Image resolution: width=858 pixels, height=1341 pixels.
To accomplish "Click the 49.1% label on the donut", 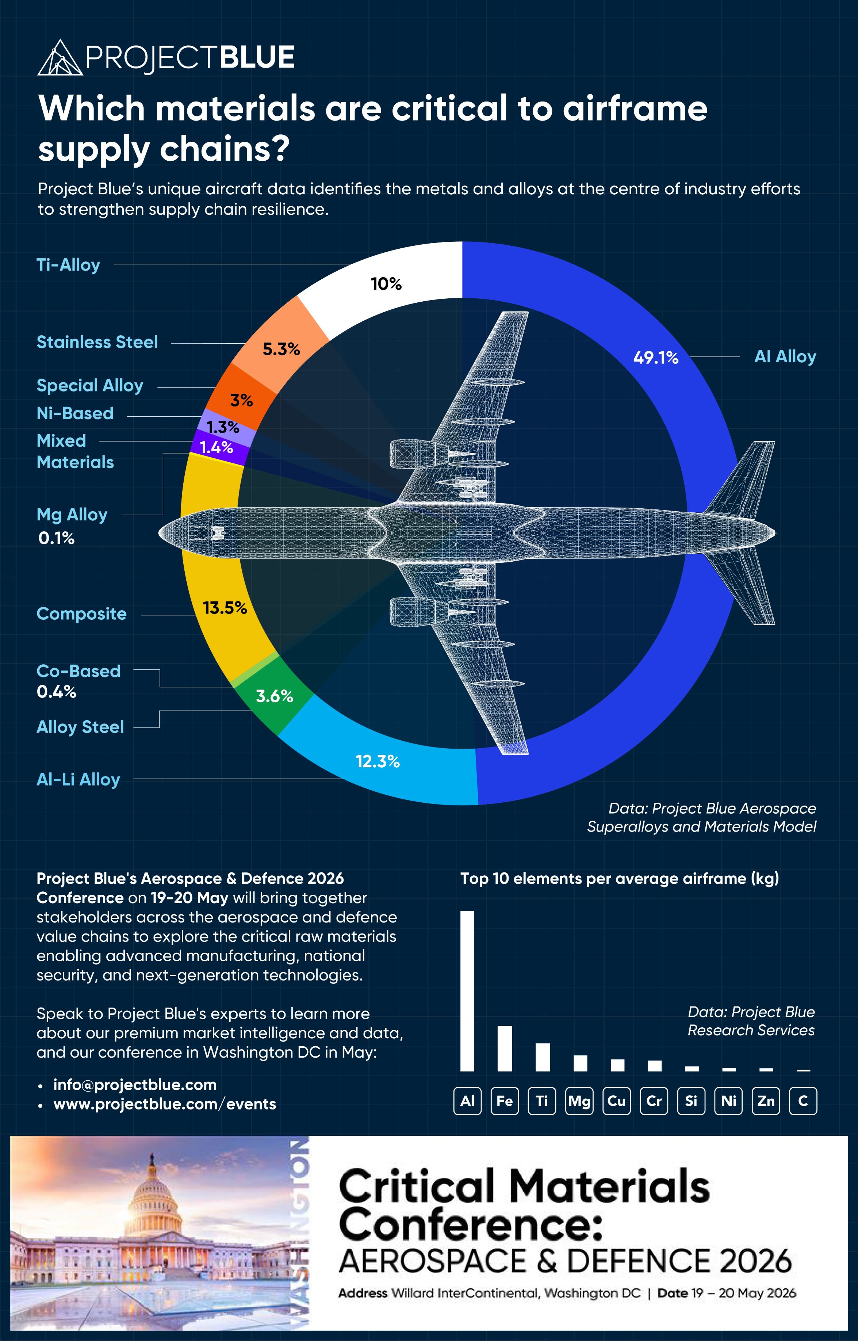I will (x=655, y=358).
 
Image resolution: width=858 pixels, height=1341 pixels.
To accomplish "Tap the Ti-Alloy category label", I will (x=68, y=265).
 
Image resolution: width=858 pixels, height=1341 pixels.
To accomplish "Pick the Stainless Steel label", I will (x=97, y=342).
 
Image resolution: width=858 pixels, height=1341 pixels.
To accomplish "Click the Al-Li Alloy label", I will (x=78, y=779).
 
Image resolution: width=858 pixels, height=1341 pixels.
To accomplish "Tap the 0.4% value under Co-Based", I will (x=56, y=692).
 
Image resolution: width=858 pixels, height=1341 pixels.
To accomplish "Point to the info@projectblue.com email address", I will (x=135, y=1085).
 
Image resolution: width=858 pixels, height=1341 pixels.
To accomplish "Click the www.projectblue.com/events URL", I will (x=164, y=1104).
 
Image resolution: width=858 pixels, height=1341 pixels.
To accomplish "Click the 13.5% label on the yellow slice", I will (x=225, y=608).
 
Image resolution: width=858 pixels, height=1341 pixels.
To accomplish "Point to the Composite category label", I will (x=81, y=614).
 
